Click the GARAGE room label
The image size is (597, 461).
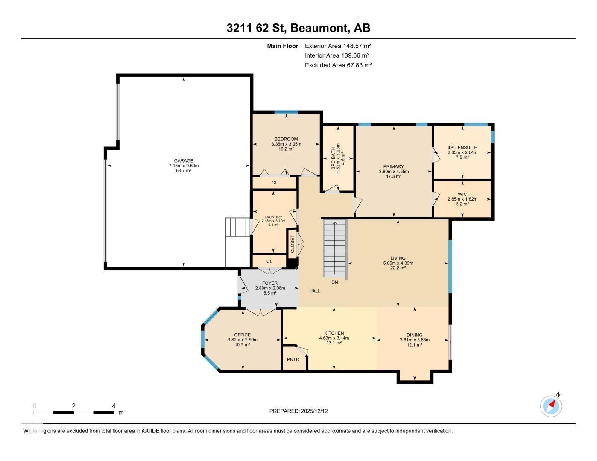(x=184, y=161)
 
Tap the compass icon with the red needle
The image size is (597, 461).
(x=551, y=406)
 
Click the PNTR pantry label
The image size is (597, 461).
(x=293, y=359)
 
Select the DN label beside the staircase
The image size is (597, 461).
(x=335, y=282)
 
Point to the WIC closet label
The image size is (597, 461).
(x=462, y=194)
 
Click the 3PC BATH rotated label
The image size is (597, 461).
(x=333, y=157)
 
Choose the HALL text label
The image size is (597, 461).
(x=315, y=291)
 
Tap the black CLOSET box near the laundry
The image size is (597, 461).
(x=292, y=244)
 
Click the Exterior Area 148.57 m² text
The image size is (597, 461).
(x=338, y=46)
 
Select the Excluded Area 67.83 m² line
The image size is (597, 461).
(x=338, y=65)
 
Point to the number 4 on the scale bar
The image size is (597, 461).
(x=114, y=406)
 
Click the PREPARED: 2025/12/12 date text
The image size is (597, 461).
(x=298, y=411)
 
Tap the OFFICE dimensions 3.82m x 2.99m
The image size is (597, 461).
(x=242, y=340)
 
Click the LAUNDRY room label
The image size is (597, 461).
(x=273, y=217)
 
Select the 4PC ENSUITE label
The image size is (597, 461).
(x=462, y=147)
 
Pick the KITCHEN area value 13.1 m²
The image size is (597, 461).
(x=334, y=343)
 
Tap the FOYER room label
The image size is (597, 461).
(x=270, y=283)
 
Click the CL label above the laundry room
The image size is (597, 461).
(x=274, y=183)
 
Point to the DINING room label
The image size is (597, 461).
(x=414, y=335)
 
